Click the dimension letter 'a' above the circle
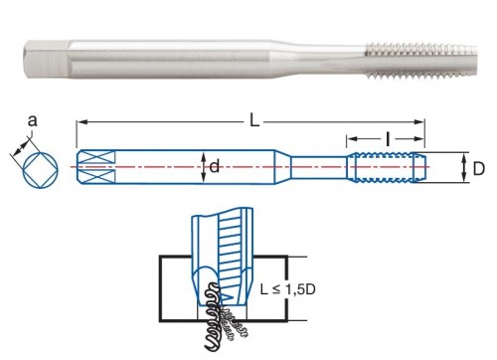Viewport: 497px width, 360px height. (x=32, y=121)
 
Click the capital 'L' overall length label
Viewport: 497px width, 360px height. (x=254, y=121)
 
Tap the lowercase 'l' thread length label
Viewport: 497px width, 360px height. (x=388, y=138)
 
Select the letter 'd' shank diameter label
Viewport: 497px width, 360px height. (x=215, y=166)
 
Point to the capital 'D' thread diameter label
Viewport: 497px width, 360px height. (x=478, y=169)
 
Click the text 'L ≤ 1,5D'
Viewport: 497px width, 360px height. (x=287, y=289)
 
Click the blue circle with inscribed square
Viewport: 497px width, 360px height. (x=41, y=170)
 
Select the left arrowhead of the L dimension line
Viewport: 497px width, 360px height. (x=81, y=122)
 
